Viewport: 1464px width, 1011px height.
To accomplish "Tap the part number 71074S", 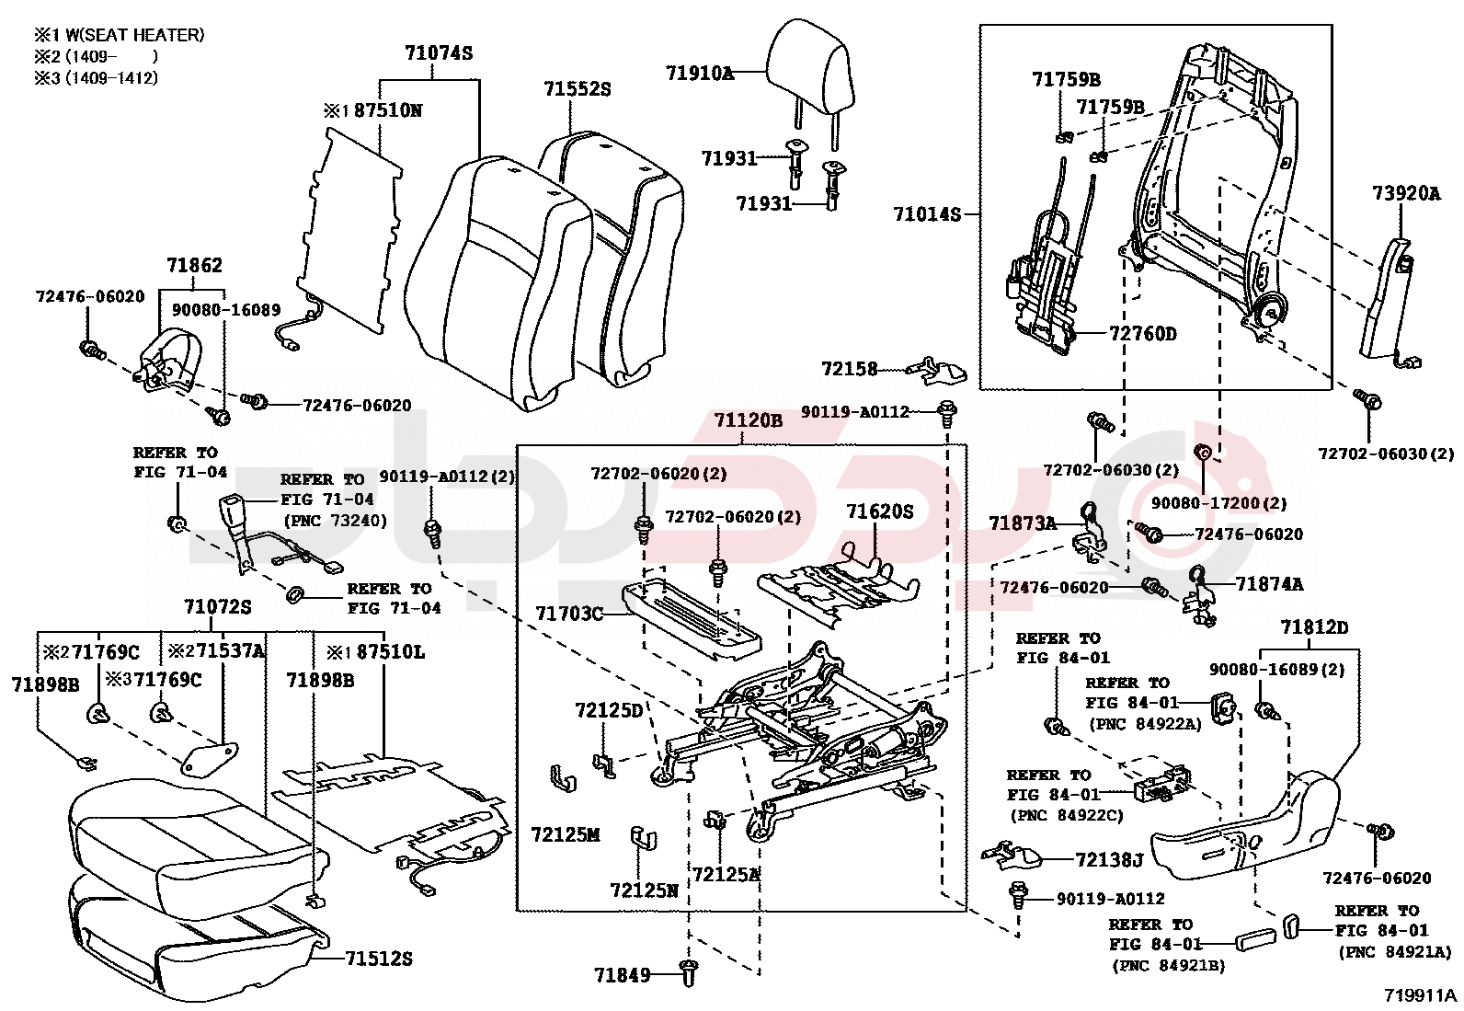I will click(x=439, y=53).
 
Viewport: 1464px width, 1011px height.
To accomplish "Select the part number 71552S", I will click(x=577, y=89).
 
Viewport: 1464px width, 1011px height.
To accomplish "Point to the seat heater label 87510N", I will click(x=387, y=110).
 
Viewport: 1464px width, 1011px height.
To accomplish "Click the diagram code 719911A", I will click(x=1421, y=995).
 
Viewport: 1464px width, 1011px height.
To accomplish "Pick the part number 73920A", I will click(x=1406, y=193).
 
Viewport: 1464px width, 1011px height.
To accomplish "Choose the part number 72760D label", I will click(x=1142, y=334).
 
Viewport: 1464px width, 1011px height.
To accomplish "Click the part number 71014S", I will click(x=926, y=214).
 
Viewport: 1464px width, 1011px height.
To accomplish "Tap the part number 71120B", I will click(x=748, y=421).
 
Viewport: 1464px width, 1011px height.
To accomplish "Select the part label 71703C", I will click(x=569, y=614).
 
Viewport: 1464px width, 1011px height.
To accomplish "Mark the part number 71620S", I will click(x=880, y=511).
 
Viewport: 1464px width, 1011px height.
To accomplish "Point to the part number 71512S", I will click(x=379, y=959).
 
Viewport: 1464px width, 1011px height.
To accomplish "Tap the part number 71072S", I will click(x=217, y=607).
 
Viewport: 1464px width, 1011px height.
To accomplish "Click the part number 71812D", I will click(x=1314, y=627).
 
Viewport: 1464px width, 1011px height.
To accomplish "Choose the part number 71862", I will click(x=194, y=266).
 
